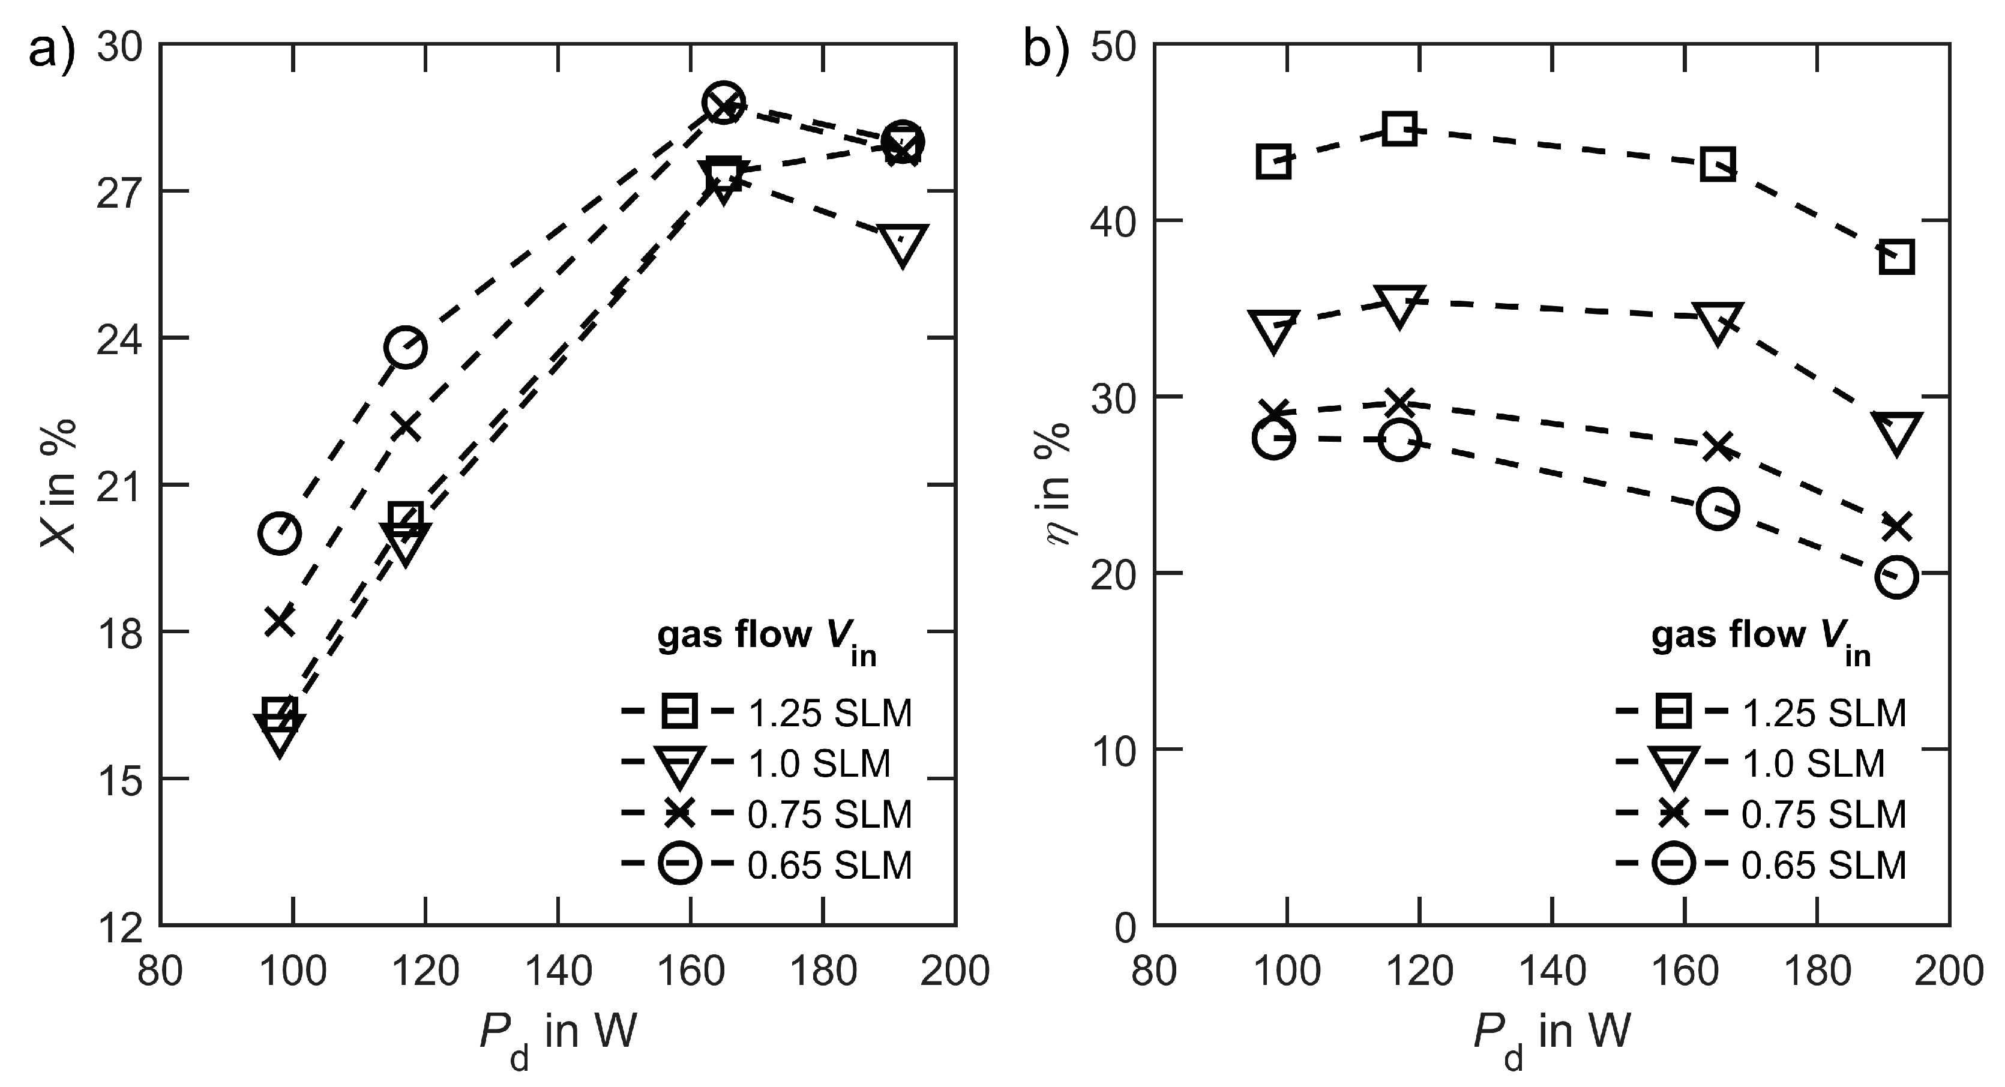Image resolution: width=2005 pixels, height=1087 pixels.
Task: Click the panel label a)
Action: point(53,52)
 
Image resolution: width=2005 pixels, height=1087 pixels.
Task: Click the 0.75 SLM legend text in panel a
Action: point(830,814)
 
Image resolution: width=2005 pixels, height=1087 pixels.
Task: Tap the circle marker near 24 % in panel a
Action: point(404,348)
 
